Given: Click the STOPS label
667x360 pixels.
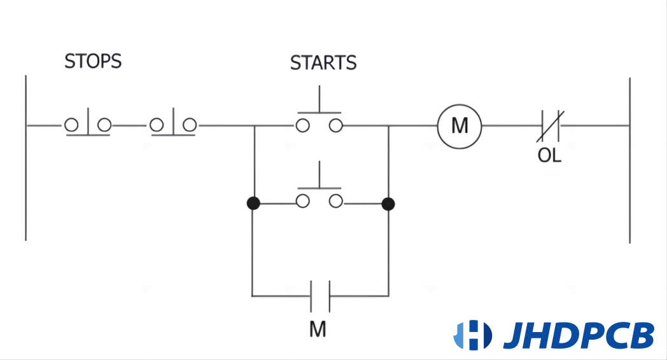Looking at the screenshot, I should tap(93, 62).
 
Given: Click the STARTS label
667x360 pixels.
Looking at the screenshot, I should tap(323, 64).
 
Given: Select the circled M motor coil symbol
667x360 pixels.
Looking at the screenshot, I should tap(459, 126).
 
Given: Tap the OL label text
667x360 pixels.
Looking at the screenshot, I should tap(550, 156).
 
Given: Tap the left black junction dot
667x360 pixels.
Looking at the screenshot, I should tap(253, 204).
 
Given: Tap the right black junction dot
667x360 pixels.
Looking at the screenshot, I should tap(388, 204).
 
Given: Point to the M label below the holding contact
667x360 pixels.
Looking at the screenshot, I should tap(318, 329).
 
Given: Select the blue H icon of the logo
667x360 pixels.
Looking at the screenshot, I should tap(472, 335).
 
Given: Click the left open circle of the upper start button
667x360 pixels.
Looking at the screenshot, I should tap(303, 125).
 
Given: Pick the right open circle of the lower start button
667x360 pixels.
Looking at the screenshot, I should tap(335, 202).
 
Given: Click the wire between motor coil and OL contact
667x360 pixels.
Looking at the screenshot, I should tap(509, 126).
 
